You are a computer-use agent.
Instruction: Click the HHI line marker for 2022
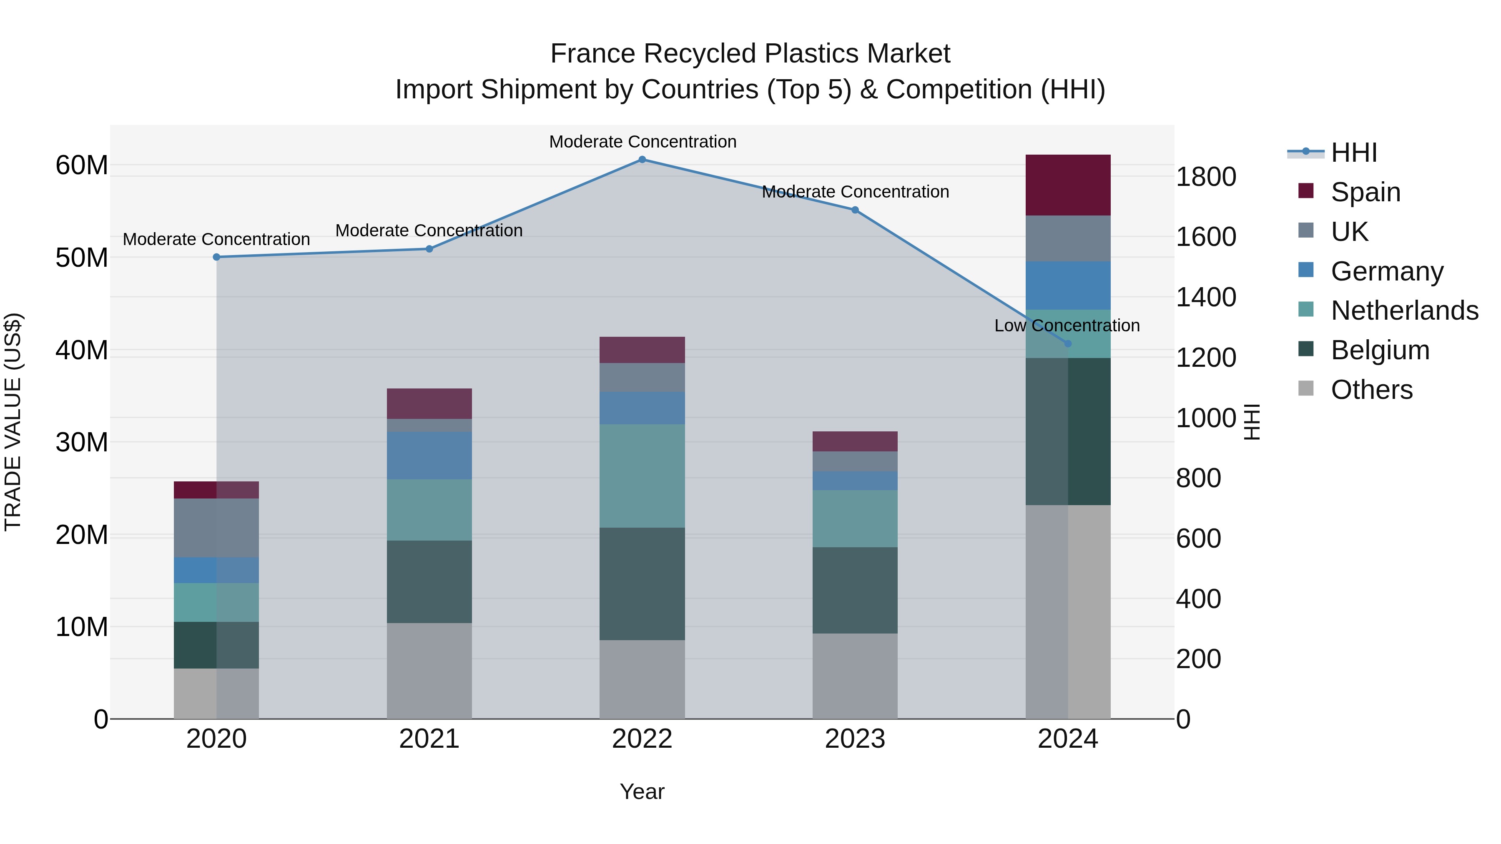coord(642,160)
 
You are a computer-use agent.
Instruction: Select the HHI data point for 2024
coord(1067,344)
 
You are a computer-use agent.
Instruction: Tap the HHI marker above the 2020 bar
coord(216,257)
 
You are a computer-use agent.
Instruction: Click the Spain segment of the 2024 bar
coord(1067,185)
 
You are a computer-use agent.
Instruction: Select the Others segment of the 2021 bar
coord(429,671)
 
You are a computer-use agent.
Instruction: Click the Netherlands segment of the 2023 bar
coord(855,518)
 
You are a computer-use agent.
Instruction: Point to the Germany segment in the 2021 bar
coord(429,456)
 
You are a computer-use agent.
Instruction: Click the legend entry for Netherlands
coord(1404,311)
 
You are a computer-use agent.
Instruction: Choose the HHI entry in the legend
coord(1353,153)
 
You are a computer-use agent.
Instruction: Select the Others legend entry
coord(1371,390)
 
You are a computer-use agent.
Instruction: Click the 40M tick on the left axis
coord(82,350)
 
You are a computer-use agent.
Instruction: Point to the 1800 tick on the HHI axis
coord(1205,176)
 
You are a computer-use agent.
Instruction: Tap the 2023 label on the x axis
coord(855,739)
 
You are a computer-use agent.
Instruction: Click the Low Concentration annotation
coord(1067,326)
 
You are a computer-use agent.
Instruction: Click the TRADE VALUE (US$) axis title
coord(13,422)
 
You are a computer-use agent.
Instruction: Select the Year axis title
coord(642,791)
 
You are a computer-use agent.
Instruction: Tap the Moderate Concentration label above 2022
coord(643,142)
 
